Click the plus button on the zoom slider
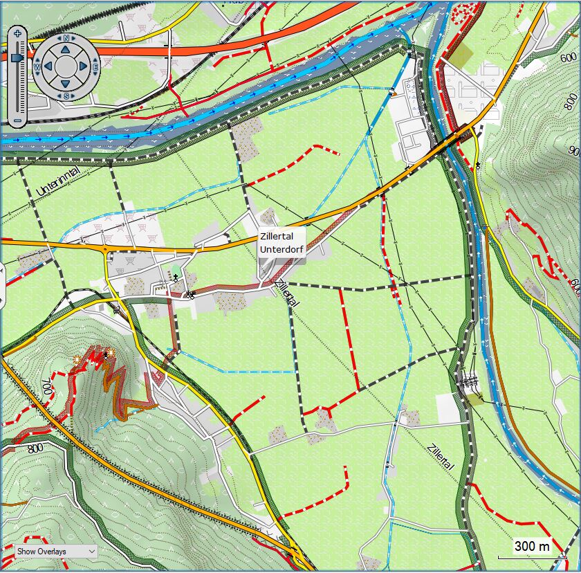pos(17,33)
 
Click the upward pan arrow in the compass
pos(66,48)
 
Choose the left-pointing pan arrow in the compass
pos(48,66)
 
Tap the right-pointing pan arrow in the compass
pos(84,66)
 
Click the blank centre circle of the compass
pos(66,66)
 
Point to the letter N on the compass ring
pos(66,39)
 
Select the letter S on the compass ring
pos(66,95)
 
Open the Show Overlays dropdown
pos(56,551)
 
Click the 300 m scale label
pos(532,547)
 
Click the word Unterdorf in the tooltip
pos(282,249)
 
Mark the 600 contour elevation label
pos(569,58)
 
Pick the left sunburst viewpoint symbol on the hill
pos(77,358)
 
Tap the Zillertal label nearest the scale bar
pos(441,457)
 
